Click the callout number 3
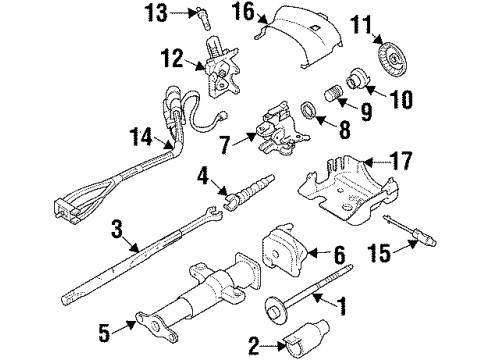tap(118, 234)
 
